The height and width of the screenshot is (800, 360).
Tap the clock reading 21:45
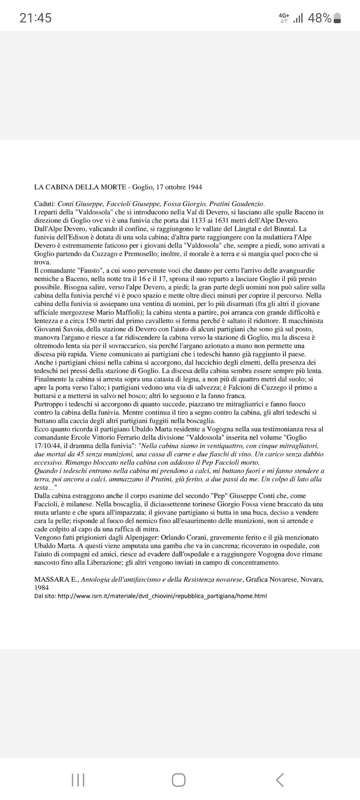(x=35, y=18)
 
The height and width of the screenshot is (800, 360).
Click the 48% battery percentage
(x=320, y=18)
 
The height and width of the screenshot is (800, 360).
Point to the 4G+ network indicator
(x=284, y=17)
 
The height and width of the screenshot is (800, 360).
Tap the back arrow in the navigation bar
(x=280, y=780)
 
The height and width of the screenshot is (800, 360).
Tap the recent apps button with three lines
(x=78, y=780)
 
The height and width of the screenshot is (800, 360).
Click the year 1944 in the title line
(x=194, y=187)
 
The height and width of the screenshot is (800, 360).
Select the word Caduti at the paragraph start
(x=45, y=204)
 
